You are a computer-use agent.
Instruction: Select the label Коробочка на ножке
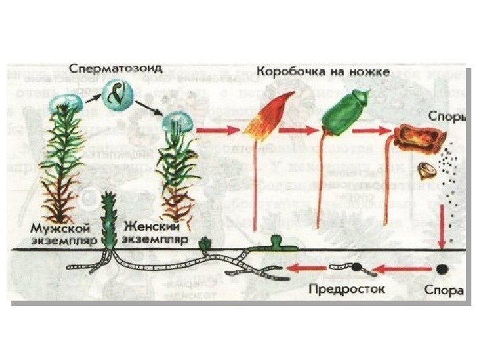tap(323, 70)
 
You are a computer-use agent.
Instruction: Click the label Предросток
tap(347, 290)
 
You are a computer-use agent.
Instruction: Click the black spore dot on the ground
tap(441, 270)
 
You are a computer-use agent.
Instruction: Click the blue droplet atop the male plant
tap(66, 104)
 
